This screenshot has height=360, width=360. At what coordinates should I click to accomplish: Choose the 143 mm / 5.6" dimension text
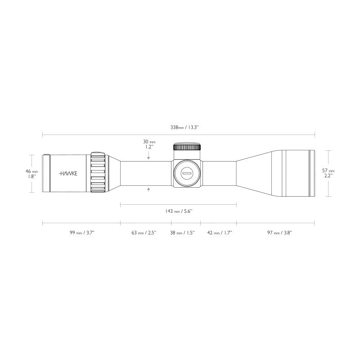[x=179, y=211]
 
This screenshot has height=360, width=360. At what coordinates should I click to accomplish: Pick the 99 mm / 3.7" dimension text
[x=81, y=233]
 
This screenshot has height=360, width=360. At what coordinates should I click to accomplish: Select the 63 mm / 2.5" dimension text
[x=144, y=233]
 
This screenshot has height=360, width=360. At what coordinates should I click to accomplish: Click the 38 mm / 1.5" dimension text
[x=182, y=233]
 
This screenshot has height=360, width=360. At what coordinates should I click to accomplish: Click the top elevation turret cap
[x=186, y=147]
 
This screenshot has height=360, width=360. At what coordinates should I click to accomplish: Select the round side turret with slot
[x=186, y=173]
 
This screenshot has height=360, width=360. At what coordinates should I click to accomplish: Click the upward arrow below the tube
[x=148, y=190]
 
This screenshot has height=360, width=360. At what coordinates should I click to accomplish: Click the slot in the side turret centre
[x=186, y=173]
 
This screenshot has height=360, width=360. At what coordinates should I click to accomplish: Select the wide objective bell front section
[x=297, y=173]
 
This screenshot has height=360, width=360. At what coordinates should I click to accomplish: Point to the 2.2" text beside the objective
[x=328, y=176]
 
